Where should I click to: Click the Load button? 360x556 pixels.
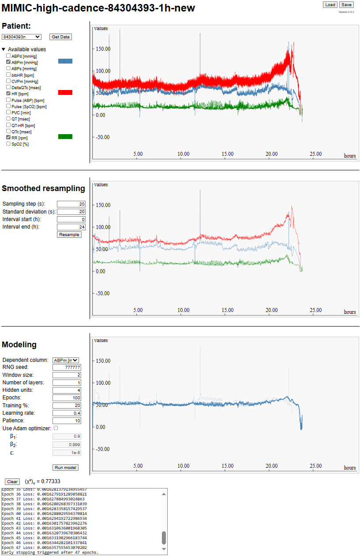(330, 5)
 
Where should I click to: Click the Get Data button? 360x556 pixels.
(61, 37)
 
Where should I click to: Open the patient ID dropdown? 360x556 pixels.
(22, 37)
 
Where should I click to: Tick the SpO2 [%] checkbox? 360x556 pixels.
(8, 144)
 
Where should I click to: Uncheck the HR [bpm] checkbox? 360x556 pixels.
(8, 94)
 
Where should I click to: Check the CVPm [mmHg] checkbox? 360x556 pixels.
(8, 81)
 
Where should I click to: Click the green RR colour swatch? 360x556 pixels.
(65, 137)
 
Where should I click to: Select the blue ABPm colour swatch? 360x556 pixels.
(65, 61)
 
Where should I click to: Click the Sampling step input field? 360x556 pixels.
(71, 204)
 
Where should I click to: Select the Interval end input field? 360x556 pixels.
(71, 227)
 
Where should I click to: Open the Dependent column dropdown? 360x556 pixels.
(65, 360)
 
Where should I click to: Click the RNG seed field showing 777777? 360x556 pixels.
(67, 368)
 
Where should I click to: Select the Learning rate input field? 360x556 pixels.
(67, 413)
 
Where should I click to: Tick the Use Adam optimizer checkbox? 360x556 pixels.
(56, 428)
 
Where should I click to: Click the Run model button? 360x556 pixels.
(65, 467)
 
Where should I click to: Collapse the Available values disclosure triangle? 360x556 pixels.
(4, 49)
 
